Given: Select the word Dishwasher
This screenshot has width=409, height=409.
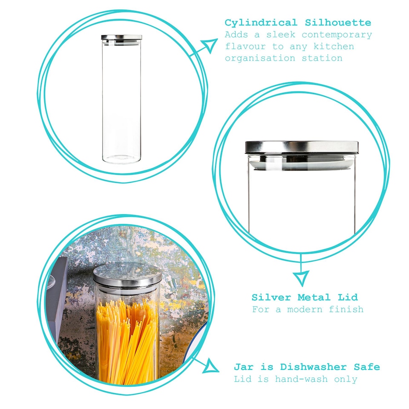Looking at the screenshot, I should (314, 367).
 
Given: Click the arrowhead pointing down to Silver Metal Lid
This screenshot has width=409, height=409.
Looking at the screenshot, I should (302, 278).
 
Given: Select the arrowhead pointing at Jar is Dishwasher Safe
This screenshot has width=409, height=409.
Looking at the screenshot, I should (211, 366).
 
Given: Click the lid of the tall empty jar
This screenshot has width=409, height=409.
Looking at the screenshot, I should (121, 37).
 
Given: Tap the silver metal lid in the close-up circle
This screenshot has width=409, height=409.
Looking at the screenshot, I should (302, 147).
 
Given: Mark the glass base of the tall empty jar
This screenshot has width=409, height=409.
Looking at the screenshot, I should (121, 159).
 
